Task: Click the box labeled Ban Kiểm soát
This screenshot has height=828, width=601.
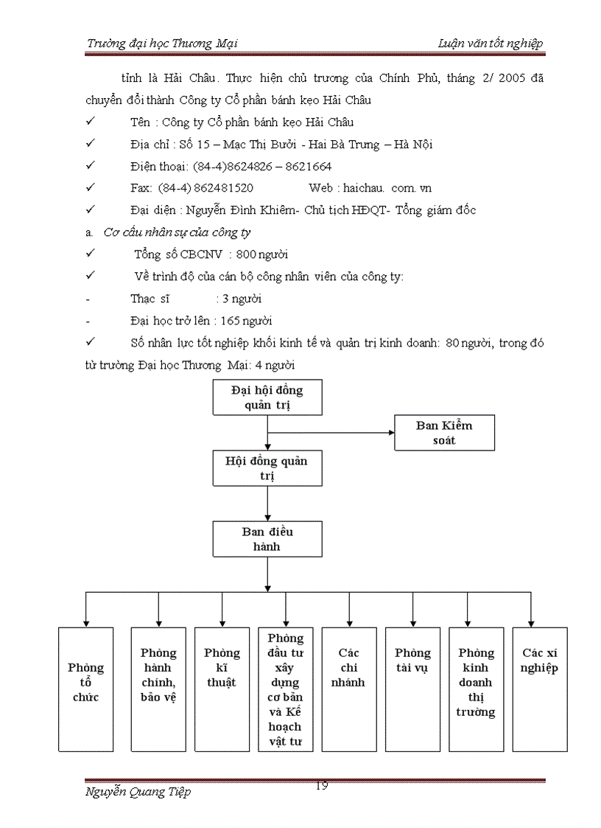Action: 444,433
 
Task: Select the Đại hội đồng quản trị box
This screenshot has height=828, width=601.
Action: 267,397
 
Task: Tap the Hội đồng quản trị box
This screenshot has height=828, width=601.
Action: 267,468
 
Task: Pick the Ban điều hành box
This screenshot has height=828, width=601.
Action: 267,539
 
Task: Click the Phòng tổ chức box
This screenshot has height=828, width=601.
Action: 86,689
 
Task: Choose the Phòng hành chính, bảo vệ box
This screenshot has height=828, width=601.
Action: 158,689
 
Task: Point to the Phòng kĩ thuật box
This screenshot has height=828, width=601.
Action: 222,689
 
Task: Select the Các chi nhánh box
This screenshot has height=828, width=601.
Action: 348,689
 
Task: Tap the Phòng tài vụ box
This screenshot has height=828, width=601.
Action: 412,689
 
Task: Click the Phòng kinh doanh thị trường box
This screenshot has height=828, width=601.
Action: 476,689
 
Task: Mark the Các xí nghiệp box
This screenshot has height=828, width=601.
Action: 539,689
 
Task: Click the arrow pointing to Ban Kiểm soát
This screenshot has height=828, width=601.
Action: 331,433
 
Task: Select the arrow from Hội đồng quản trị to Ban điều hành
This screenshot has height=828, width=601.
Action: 267,504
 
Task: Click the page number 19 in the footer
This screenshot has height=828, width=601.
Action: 321,785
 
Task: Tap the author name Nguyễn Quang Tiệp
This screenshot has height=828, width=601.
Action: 138,792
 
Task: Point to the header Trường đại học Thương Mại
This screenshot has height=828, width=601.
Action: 162,44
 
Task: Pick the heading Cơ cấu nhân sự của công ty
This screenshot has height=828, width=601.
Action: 177,232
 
